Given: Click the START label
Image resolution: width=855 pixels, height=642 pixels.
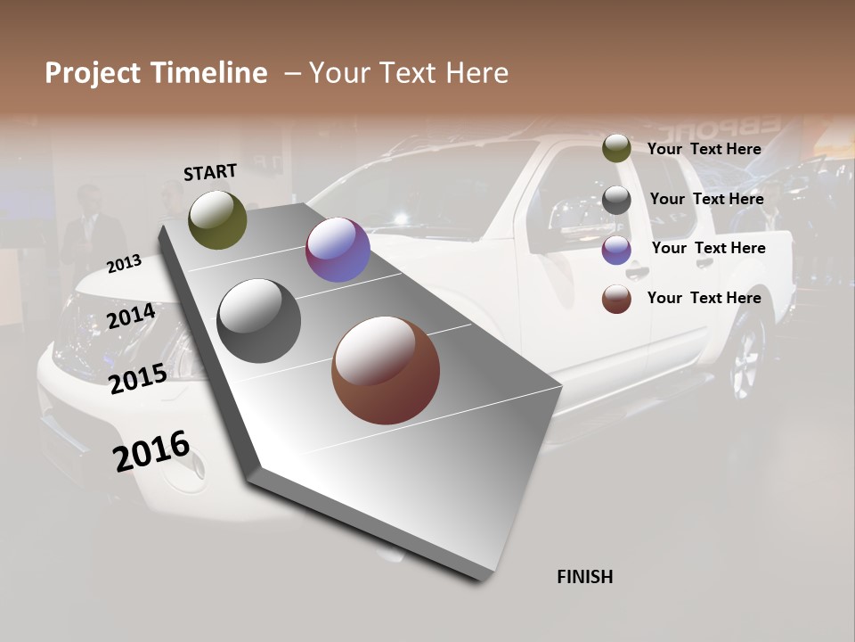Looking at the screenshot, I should (x=210, y=172).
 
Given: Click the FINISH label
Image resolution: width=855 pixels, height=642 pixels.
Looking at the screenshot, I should (x=585, y=577).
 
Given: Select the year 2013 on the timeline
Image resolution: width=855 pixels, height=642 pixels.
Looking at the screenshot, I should (x=124, y=263).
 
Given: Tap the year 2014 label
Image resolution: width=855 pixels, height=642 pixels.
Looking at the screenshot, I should (x=132, y=317).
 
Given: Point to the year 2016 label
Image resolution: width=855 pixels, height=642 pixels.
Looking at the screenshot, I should (x=151, y=450).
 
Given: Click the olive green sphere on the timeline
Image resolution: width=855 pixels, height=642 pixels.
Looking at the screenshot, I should (x=217, y=219).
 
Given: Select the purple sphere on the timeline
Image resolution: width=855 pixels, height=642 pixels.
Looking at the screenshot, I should (x=338, y=250).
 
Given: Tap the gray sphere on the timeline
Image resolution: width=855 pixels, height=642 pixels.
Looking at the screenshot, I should (x=259, y=321).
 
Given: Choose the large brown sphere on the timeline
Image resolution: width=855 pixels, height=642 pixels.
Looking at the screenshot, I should (x=386, y=370).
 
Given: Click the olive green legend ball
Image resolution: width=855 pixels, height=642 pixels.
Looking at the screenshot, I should (x=616, y=148).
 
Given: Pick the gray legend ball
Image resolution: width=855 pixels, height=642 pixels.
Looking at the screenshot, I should (x=616, y=200).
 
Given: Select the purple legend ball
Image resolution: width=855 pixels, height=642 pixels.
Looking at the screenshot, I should (x=616, y=250).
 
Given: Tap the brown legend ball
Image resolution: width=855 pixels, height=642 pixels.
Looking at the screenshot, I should (x=616, y=299).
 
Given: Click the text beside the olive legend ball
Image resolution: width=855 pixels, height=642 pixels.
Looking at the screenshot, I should (x=704, y=149).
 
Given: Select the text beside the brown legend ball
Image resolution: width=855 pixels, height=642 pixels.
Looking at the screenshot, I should (x=704, y=298).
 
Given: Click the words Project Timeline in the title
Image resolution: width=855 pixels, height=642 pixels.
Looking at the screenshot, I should (x=156, y=73).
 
